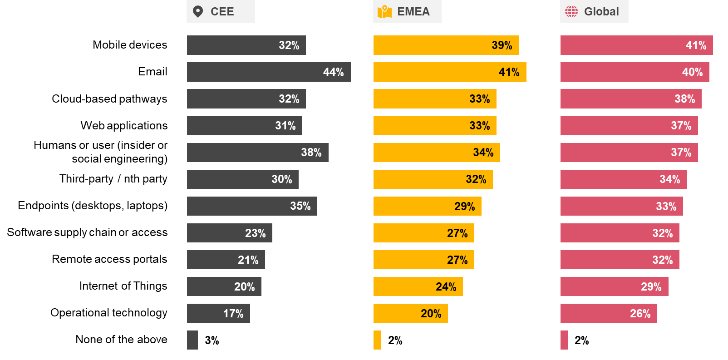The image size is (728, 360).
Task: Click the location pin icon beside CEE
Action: click(198, 11)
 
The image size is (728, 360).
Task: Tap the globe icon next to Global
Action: click(571, 11)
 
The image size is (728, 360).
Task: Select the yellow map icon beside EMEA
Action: click(384, 11)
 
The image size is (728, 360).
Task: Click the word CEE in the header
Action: click(222, 11)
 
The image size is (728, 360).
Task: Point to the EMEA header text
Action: click(413, 11)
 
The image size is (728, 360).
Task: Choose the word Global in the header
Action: click(601, 11)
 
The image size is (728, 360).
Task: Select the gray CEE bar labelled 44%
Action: click(269, 72)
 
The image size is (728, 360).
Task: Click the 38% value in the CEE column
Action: click(311, 153)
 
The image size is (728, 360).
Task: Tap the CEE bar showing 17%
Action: click(218, 313)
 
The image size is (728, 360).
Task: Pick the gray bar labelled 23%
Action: click(229, 233)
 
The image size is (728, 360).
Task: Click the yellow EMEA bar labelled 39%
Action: click(446, 45)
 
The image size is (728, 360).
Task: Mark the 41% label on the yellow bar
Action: click(509, 72)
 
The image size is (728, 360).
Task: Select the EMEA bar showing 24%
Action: click(418, 286)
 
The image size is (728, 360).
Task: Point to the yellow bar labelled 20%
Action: click(410, 313)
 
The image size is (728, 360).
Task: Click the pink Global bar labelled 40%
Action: click(635, 72)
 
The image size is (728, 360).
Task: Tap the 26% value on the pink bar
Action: click(640, 314)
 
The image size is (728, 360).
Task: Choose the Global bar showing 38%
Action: click(631, 99)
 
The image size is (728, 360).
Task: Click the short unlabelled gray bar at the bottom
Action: click(192, 340)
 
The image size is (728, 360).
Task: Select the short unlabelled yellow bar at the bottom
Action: click(377, 340)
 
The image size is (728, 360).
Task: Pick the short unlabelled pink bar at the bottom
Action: click(564, 340)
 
